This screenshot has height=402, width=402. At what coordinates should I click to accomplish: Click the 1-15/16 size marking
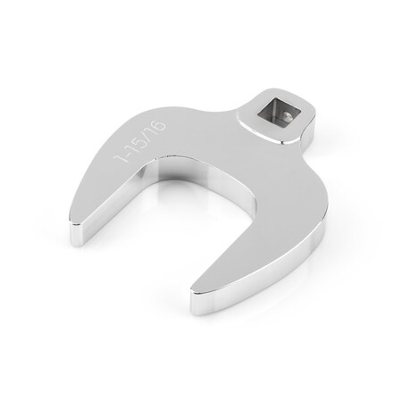point(140,141)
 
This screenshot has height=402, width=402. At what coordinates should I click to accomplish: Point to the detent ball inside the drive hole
point(287,116)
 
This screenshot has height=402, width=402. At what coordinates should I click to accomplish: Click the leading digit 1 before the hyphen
point(120,158)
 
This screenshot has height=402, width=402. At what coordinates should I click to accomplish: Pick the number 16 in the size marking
point(157,127)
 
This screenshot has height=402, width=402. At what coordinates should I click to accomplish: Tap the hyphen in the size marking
point(126,152)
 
